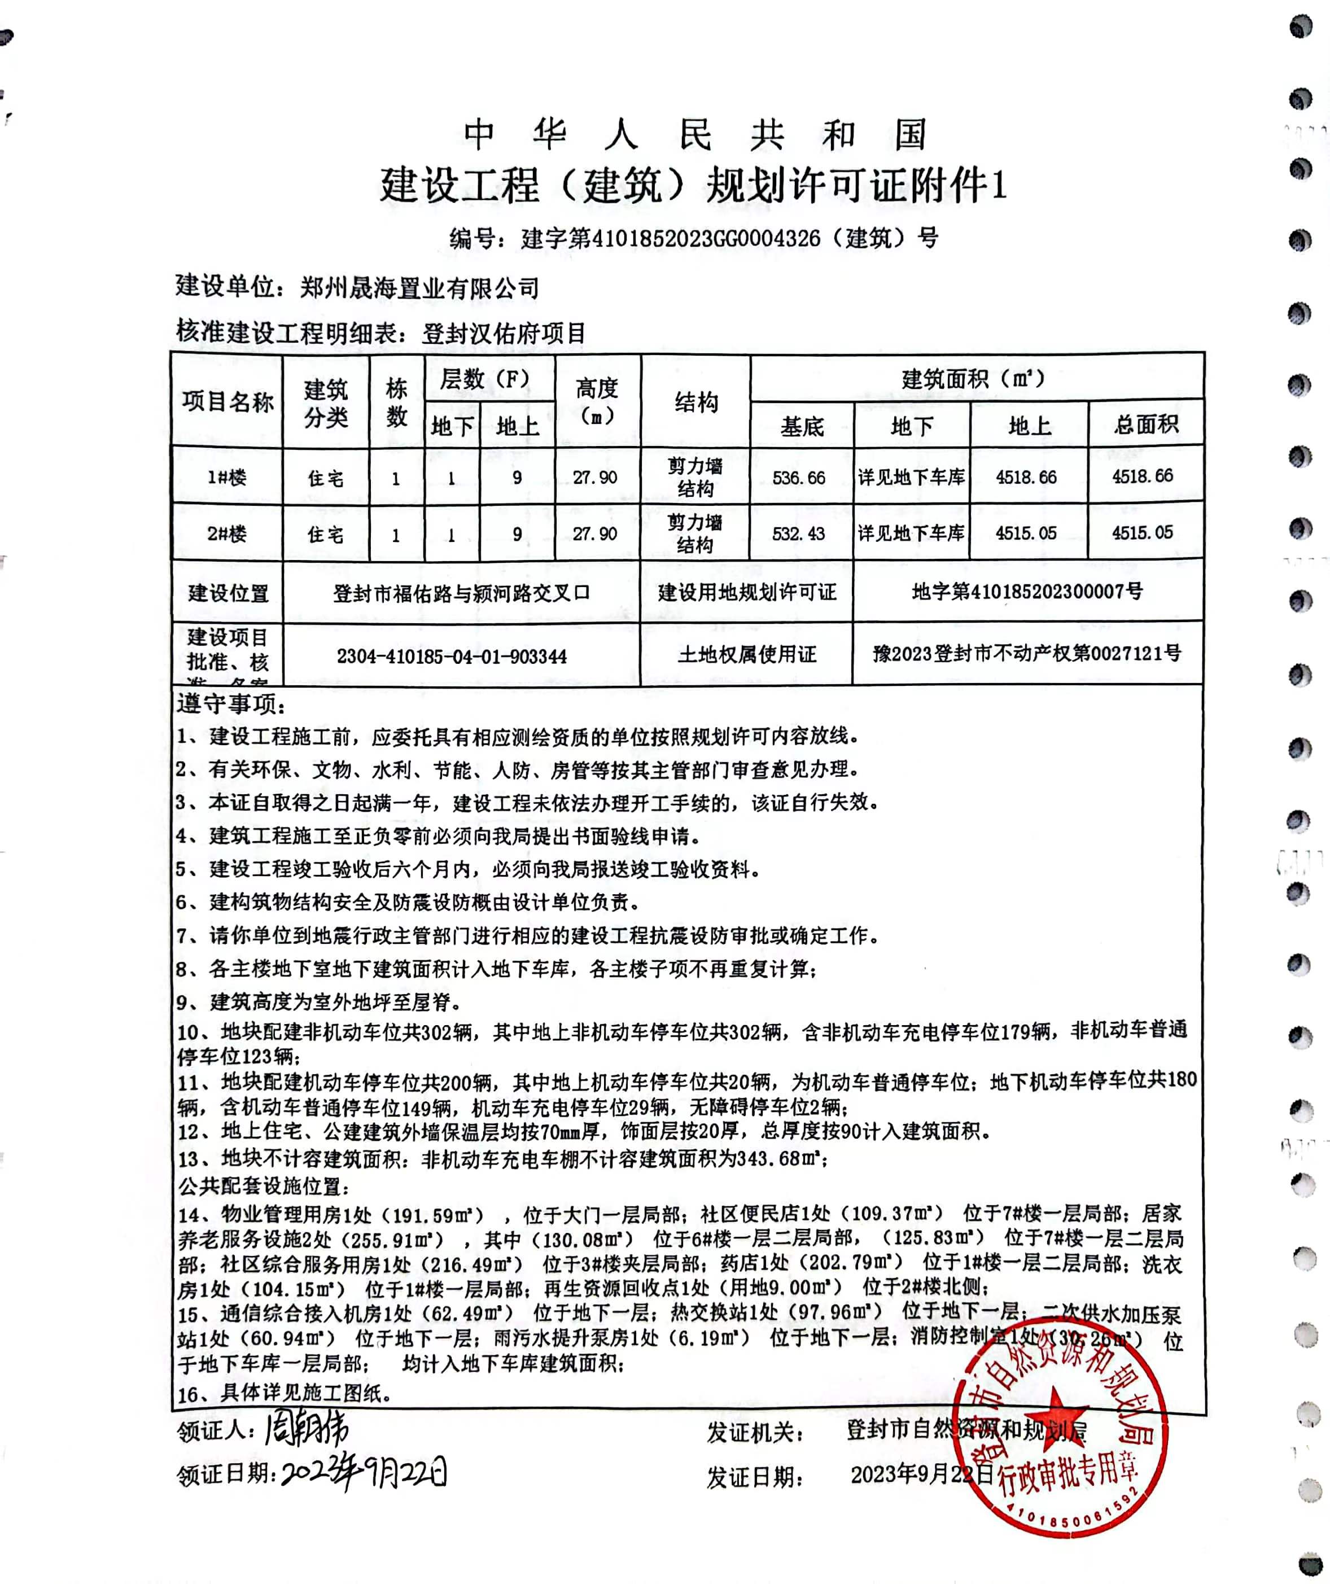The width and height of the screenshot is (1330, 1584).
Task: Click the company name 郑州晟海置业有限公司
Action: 419,287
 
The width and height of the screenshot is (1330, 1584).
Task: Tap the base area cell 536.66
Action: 799,478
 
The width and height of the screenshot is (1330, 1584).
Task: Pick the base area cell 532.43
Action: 799,533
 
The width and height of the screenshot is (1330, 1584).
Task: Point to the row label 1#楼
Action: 227,478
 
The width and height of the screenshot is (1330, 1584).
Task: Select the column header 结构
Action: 695,402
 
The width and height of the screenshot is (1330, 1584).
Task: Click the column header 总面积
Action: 1145,425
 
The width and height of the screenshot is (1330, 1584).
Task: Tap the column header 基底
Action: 802,427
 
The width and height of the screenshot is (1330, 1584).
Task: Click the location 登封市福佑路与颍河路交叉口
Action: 461,593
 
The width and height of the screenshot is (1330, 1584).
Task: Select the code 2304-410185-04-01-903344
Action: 452,656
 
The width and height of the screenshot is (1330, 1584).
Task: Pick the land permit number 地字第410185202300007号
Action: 1027,592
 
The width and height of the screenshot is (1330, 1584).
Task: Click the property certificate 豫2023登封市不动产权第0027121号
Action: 1027,653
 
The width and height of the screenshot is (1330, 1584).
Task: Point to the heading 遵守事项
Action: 231,704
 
